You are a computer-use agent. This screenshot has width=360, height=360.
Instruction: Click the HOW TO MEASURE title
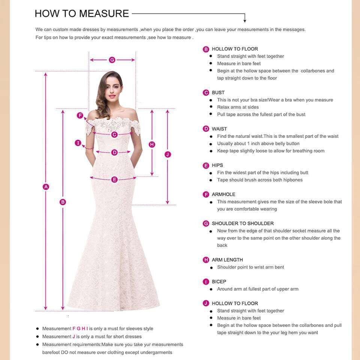[x=82, y=13]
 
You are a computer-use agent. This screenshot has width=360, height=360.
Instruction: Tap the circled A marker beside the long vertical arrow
[x=46, y=187]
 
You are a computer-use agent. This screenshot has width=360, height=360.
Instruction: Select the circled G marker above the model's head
[x=112, y=60]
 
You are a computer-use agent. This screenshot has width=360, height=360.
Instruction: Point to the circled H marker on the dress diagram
[x=152, y=144]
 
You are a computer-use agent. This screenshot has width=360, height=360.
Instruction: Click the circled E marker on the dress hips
[x=114, y=180]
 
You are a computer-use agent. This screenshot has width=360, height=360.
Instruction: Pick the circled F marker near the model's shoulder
[x=80, y=115]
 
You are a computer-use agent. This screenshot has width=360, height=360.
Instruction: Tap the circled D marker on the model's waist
[x=114, y=152]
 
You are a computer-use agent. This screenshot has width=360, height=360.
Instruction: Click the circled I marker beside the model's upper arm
[x=78, y=143]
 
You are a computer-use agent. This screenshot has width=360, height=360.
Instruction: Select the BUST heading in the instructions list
[x=218, y=93]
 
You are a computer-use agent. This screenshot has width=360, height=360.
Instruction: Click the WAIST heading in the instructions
[x=219, y=129]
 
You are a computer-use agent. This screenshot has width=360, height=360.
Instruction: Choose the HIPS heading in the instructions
[x=218, y=165]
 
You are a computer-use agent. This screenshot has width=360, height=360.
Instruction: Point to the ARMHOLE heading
[x=223, y=195]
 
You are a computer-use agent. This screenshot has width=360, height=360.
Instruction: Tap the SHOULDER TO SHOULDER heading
[x=243, y=223]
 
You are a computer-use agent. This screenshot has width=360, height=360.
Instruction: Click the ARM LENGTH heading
[x=227, y=260]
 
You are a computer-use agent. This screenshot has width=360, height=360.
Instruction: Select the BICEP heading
[x=219, y=282]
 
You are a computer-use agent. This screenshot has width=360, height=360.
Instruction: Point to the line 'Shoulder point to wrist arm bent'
[x=250, y=267]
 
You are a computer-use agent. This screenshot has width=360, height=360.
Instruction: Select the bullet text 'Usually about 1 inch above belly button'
[x=258, y=144]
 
